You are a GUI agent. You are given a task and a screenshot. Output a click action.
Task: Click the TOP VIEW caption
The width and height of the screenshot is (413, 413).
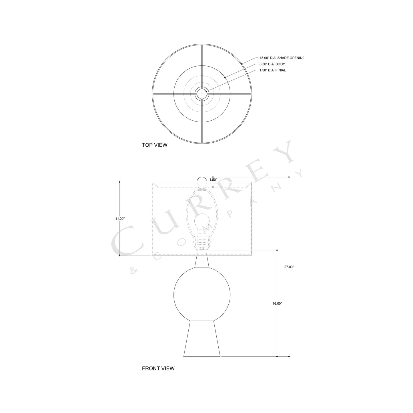(x=155, y=145)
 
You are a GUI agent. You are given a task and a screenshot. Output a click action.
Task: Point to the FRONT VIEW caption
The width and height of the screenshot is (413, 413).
(x=158, y=368)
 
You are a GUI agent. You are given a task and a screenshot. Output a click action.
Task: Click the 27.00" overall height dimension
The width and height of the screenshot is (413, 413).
(x=289, y=267)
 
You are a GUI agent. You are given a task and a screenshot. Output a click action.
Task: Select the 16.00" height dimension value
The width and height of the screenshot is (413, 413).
(x=277, y=304)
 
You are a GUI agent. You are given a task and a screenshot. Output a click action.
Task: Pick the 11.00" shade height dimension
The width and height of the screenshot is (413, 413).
(x=120, y=219)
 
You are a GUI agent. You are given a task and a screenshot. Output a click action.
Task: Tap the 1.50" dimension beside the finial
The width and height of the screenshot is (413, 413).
(x=213, y=180)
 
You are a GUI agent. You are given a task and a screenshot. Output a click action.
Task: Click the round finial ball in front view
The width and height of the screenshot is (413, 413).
(x=202, y=180)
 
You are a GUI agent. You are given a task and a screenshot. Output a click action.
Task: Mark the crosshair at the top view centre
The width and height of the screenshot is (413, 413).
(x=202, y=93)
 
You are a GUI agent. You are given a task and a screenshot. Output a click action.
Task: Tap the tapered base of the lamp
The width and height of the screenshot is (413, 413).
(x=202, y=339)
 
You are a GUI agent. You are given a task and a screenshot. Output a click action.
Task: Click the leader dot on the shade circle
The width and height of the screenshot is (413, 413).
(x=242, y=64)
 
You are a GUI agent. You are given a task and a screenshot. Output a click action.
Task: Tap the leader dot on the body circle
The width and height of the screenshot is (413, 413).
(x=225, y=77)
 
